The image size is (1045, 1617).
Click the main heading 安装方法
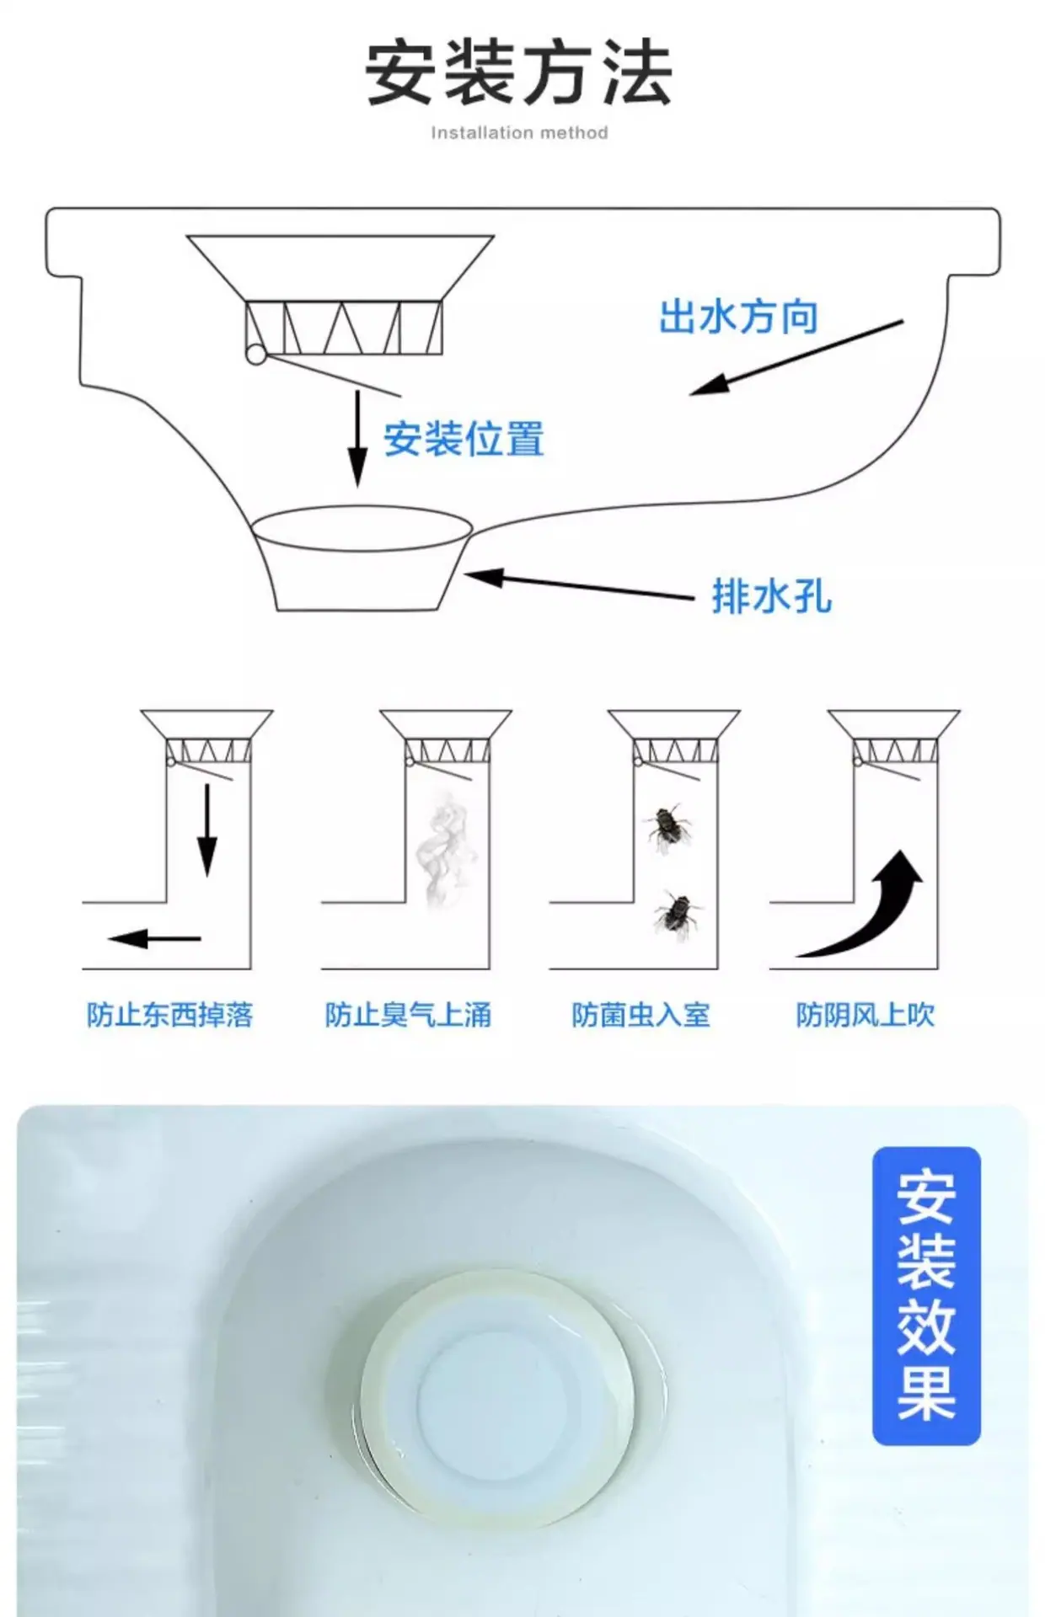[x=519, y=74]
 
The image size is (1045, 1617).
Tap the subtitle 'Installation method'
[x=519, y=133]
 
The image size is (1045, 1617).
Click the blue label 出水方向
[x=738, y=318]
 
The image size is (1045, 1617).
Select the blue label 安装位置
[x=464, y=439]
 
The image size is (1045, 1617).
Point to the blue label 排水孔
[x=772, y=596]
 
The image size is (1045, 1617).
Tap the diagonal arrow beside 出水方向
[x=796, y=357]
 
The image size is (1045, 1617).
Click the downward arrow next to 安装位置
[x=358, y=439]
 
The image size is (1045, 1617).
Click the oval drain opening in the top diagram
[x=362, y=529]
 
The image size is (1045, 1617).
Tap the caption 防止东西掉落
[x=169, y=1015]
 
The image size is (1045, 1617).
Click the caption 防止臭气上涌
[x=408, y=1015]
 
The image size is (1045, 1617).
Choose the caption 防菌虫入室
[x=640, y=1015]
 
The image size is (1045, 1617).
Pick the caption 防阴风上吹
[x=865, y=1015]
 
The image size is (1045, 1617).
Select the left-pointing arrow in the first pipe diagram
[x=154, y=938]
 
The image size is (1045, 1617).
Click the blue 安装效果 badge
[x=926, y=1296]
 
